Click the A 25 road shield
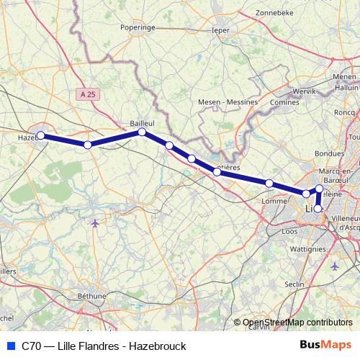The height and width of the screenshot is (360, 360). [x=88, y=94]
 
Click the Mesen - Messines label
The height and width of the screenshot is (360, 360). [x=228, y=102]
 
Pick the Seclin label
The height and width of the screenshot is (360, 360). [x=315, y=284]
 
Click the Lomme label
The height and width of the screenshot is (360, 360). [x=276, y=202]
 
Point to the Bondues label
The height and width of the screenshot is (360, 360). [x=330, y=153]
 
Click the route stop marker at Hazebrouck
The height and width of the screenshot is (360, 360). [x=41, y=135]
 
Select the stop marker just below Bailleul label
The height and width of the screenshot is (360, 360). [x=143, y=132]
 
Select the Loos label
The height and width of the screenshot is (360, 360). [x=289, y=232]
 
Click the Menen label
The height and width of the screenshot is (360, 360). [x=345, y=76]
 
